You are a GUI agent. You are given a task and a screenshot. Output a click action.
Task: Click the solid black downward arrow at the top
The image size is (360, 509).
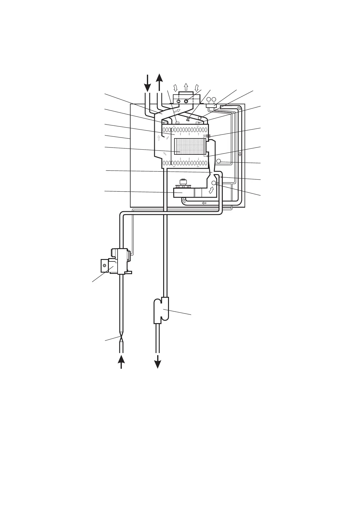(147, 83)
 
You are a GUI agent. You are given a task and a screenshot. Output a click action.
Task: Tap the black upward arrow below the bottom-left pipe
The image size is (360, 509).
(121, 361)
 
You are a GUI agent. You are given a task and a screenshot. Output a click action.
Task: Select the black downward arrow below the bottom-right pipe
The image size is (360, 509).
(157, 361)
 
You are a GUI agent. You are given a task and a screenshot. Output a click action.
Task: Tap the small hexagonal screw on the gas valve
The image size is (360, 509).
(104, 265)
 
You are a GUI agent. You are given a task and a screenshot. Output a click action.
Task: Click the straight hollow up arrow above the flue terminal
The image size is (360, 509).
(186, 86)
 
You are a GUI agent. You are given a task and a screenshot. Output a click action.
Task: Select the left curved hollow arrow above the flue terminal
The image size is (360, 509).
(175, 88)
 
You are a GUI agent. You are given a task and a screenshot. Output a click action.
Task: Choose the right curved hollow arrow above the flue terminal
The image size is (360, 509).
(197, 88)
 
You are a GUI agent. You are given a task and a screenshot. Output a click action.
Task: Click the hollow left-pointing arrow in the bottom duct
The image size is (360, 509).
(204, 203)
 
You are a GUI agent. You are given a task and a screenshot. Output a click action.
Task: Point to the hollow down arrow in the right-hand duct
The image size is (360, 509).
(240, 154)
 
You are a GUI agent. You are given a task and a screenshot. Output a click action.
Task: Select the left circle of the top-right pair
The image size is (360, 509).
(209, 99)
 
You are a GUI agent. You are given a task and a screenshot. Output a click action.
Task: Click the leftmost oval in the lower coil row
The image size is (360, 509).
(164, 164)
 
